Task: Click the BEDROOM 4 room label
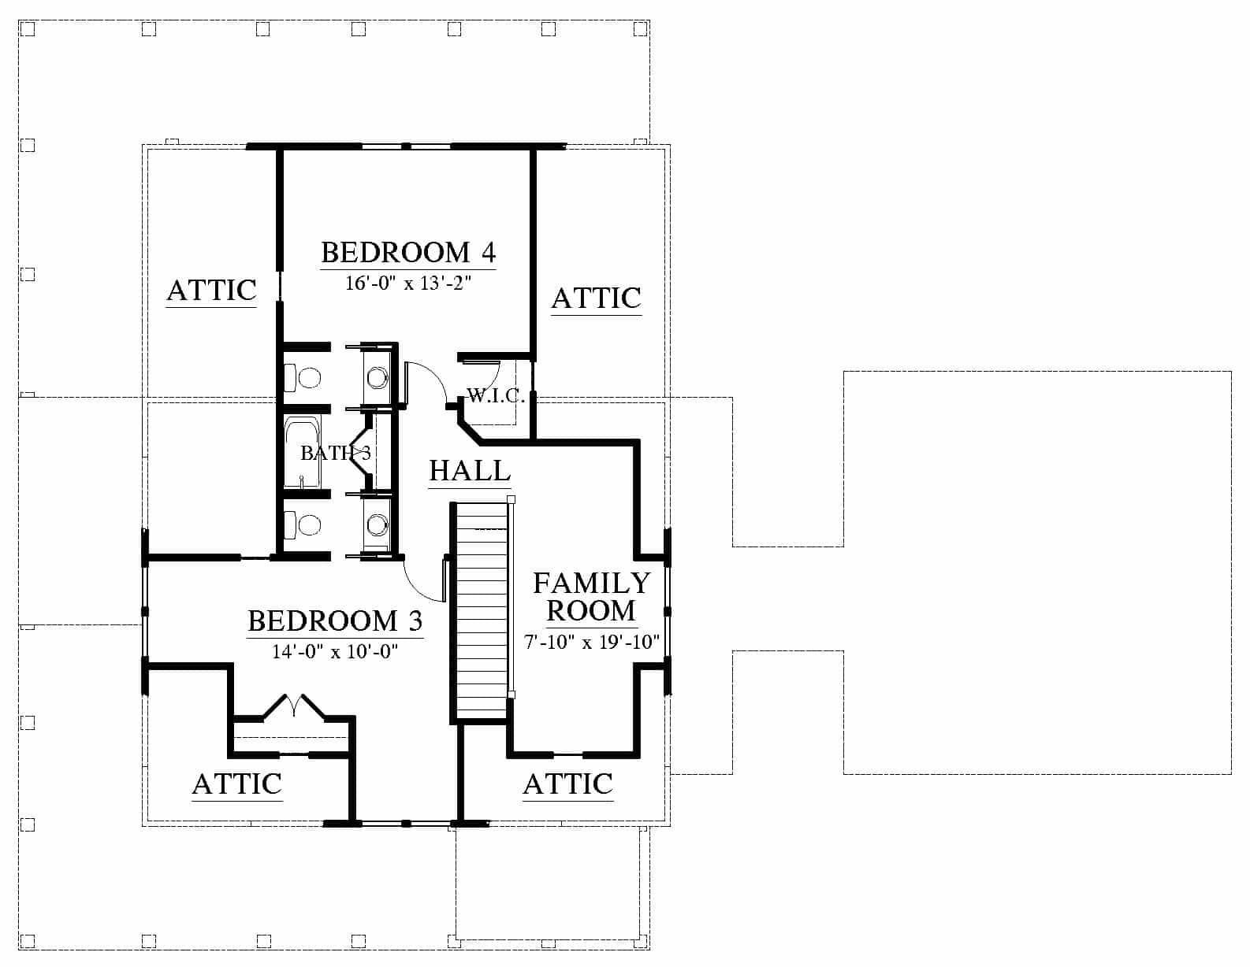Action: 407,252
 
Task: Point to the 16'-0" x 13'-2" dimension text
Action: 407,283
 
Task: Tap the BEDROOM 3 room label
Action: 336,621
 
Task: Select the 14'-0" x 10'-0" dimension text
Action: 335,651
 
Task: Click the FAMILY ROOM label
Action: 591,596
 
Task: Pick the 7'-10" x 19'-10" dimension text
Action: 591,642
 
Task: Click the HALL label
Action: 470,471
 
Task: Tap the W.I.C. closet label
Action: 495,395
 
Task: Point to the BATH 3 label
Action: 336,453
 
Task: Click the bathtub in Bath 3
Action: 303,452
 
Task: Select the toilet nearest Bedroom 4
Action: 303,378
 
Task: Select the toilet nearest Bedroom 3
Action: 303,524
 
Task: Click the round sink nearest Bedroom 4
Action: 378,378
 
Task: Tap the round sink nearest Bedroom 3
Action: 378,524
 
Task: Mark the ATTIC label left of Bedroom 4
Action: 212,290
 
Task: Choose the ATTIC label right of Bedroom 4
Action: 597,298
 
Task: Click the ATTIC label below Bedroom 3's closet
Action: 237,784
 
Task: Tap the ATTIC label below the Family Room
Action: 567,784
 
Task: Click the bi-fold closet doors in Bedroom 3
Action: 294,706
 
